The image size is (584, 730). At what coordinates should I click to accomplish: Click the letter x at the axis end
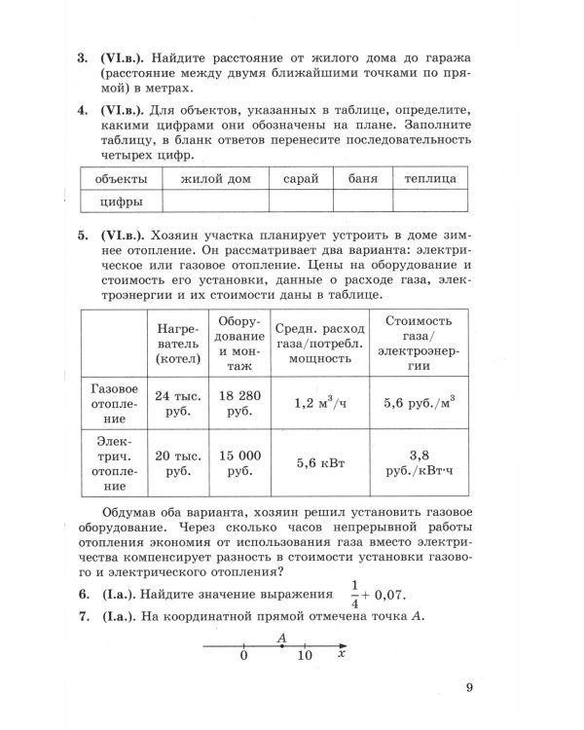[342, 656]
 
